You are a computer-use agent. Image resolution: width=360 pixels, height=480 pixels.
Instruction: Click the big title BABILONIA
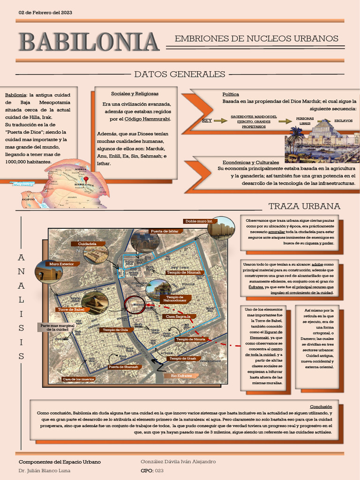(89, 42)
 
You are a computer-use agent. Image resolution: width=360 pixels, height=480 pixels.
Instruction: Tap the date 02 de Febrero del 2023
(45, 12)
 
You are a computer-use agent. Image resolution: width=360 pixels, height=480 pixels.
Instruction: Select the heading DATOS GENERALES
(180, 74)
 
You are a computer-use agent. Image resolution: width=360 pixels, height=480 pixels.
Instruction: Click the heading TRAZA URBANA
(304, 206)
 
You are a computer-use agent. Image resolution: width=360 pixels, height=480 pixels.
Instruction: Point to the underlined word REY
(207, 120)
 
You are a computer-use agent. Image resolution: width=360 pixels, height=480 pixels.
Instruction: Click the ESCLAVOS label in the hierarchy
(344, 120)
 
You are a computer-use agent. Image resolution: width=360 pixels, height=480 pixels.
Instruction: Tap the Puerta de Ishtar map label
(165, 231)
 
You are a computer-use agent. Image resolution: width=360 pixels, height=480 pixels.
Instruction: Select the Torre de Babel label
(71, 310)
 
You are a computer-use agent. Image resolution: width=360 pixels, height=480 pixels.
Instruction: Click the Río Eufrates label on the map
(180, 376)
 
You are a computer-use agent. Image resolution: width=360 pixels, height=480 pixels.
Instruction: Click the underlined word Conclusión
(321, 406)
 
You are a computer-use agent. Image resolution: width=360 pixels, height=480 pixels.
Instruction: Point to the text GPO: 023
(152, 470)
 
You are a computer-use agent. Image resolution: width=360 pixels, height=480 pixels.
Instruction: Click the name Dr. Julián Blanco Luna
(41, 470)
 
